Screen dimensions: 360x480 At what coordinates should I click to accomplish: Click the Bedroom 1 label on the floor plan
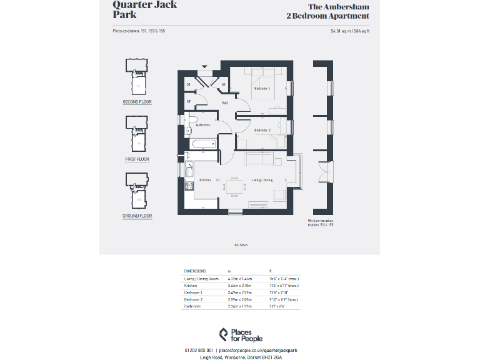tap(261, 89)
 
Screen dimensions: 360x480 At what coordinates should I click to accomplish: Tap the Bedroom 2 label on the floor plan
tap(261, 130)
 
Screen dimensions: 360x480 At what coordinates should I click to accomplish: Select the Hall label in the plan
tap(224, 103)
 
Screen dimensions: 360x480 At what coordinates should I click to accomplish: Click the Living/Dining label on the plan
tap(262, 180)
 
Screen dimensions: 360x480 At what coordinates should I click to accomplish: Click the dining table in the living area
tap(233, 184)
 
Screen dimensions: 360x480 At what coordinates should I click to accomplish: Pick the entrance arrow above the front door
tap(204, 66)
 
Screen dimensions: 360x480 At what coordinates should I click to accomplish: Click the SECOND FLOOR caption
tap(137, 102)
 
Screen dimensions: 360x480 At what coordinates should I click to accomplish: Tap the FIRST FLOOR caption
tap(137, 159)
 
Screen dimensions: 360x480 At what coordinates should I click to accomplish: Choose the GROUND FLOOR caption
tap(137, 216)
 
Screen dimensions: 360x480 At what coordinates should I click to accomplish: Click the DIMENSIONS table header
tap(195, 271)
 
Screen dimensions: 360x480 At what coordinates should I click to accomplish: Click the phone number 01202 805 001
tap(200, 351)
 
